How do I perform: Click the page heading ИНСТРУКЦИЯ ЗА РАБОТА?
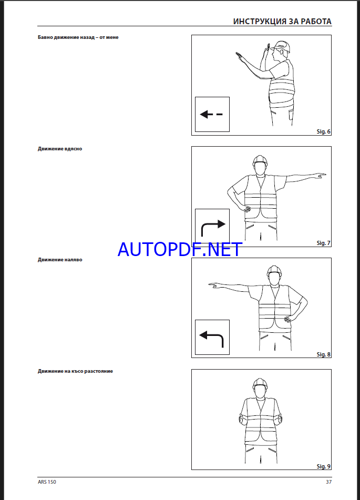(x=282, y=22)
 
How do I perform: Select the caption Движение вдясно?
(x=60, y=149)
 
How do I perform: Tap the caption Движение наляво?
(x=60, y=260)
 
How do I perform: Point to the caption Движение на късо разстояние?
(x=75, y=371)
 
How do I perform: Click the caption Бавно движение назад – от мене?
(x=78, y=37)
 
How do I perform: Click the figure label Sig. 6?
(x=323, y=131)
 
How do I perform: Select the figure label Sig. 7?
(x=323, y=243)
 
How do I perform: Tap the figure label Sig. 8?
(x=323, y=354)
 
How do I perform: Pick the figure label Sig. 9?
(x=323, y=466)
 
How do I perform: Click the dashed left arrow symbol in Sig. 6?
(x=211, y=114)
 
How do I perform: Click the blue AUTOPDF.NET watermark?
(x=180, y=249)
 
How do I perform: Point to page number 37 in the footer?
(x=329, y=482)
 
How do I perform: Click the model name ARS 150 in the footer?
(x=47, y=482)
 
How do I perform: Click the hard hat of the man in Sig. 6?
(x=282, y=47)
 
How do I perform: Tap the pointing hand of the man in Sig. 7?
(x=320, y=175)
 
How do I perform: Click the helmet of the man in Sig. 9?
(x=259, y=384)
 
